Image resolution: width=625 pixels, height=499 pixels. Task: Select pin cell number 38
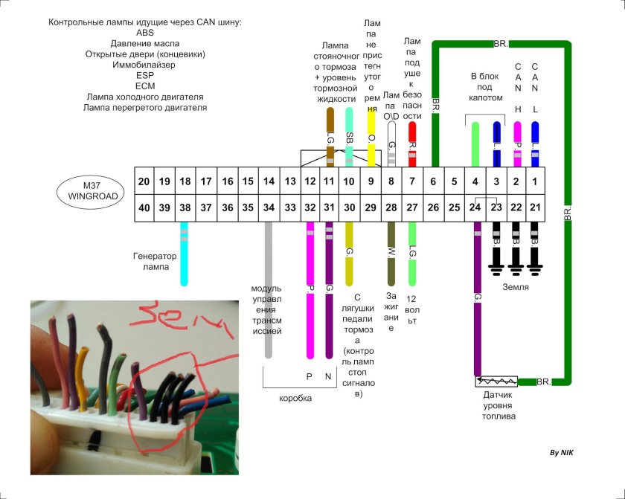(x=185, y=208)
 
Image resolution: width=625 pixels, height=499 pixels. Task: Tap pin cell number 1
(x=535, y=181)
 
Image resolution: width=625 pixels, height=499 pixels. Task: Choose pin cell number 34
(x=269, y=208)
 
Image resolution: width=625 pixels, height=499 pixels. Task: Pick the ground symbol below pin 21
(x=534, y=264)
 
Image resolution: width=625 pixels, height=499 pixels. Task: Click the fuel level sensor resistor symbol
(x=496, y=382)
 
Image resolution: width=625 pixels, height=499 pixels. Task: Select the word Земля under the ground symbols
(x=515, y=286)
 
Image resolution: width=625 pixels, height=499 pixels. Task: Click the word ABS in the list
(x=146, y=33)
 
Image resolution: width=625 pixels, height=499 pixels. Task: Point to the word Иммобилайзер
(x=146, y=65)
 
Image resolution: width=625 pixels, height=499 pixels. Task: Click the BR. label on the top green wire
(x=500, y=44)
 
